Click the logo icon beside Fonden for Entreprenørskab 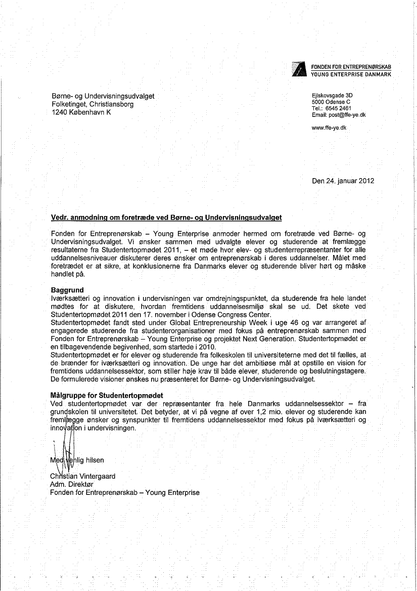(x=300, y=69)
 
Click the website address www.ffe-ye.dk (x=330, y=128)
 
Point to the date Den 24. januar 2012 (x=343, y=181)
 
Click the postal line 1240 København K (x=81, y=112)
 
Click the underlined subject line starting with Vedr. (x=166, y=218)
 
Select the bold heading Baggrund (x=67, y=290)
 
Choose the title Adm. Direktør (x=72, y=484)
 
